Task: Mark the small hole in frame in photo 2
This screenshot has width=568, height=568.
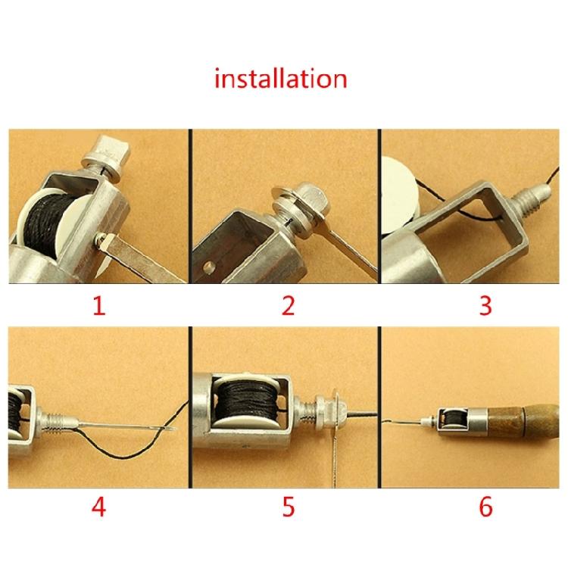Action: tap(210, 267)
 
